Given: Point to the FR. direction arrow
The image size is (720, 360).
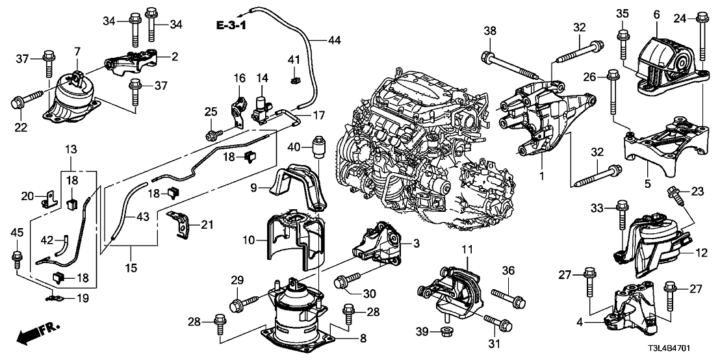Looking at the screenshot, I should coord(32,336).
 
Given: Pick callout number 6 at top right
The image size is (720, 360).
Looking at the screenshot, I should coord(656,14).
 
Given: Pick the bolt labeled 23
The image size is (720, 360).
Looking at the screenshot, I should coord(676,193).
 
